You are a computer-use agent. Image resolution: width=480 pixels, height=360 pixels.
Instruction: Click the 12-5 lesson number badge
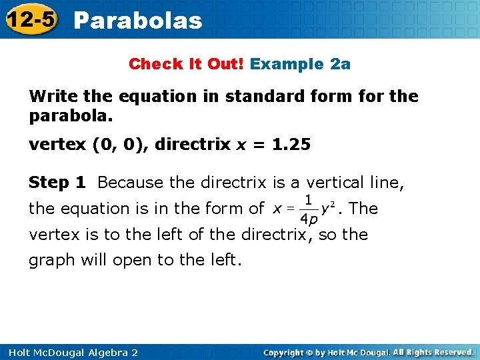tap(31, 20)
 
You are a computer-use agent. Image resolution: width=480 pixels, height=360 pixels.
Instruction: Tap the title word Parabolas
tap(138, 21)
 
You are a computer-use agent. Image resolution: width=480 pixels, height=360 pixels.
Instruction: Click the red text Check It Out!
tap(187, 64)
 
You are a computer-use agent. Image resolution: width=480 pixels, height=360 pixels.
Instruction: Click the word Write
tap(51, 96)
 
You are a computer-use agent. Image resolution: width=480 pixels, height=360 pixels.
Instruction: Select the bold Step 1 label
tap(59, 182)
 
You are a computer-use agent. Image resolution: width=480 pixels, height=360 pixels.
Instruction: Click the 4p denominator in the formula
tap(308, 220)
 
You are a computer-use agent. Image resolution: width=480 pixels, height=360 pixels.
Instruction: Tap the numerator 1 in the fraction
tap(308, 199)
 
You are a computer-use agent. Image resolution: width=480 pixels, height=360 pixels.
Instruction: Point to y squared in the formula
tap(327, 208)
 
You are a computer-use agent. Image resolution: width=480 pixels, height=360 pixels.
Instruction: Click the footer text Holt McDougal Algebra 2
tap(69, 352)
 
